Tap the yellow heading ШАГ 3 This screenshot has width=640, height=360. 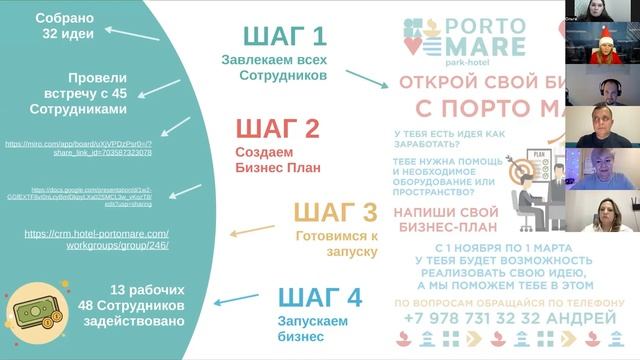point(335,213)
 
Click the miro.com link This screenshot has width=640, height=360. point(79,148)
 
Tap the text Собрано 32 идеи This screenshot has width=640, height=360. point(64,26)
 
